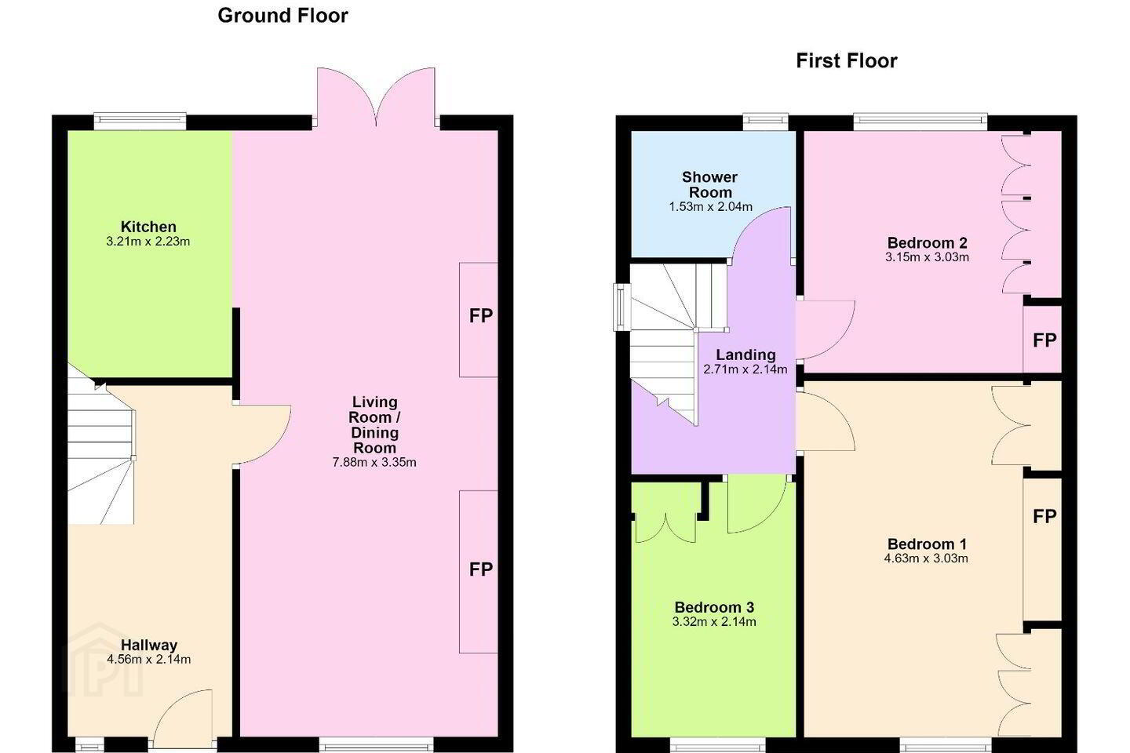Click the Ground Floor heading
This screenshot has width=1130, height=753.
282,16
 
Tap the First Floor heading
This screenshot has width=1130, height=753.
847,61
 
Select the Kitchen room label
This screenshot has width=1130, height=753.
148,227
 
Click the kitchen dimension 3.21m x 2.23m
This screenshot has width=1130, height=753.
148,242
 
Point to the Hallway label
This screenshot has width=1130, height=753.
149,645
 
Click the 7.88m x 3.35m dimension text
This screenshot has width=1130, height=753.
374,462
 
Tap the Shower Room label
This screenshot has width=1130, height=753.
709,184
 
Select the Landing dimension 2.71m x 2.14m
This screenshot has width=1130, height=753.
745,369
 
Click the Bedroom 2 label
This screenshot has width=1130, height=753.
928,243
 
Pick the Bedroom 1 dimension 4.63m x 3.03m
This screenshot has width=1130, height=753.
926,558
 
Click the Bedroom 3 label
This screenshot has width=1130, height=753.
714,607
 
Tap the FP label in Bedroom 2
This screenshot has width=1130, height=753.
1044,340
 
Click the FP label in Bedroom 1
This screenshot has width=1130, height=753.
1044,516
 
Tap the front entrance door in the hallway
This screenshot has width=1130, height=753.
183,718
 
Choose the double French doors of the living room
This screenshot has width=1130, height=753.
376,96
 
